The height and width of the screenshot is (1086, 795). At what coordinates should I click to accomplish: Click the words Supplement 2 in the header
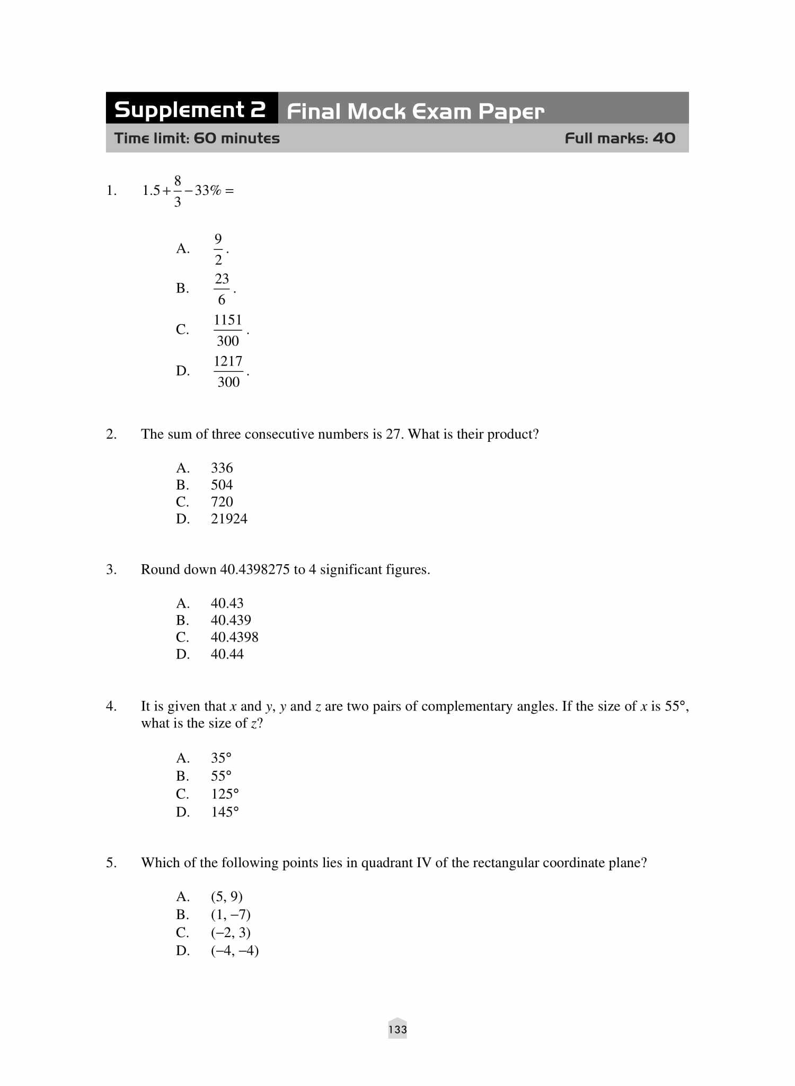tap(190, 110)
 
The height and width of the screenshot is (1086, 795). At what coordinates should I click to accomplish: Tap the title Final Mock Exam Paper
tap(415, 111)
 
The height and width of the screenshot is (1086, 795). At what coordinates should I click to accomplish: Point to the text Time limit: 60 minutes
tap(197, 138)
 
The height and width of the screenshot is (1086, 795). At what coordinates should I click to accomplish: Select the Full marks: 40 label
tap(620, 138)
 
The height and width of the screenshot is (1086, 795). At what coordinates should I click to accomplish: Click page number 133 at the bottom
tap(397, 1029)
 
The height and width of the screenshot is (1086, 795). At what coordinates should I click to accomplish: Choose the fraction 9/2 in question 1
tap(218, 249)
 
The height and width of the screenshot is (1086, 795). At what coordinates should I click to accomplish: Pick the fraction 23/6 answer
tap(222, 289)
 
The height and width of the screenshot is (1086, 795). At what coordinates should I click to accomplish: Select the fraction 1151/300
tap(228, 330)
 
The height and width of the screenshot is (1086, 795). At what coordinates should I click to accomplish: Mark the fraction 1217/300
tap(228, 371)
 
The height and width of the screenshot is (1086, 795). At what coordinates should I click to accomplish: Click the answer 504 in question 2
tap(222, 485)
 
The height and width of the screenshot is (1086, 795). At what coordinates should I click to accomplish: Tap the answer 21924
tap(229, 519)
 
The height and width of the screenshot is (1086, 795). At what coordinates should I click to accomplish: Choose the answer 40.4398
tap(234, 637)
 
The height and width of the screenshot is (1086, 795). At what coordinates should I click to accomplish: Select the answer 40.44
tap(227, 654)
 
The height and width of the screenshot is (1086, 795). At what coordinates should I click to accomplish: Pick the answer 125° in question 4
tap(225, 794)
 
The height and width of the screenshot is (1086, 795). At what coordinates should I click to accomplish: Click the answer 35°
tap(221, 758)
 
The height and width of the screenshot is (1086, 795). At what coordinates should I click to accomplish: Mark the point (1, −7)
tap(231, 914)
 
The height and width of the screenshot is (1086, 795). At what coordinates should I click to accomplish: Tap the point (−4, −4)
tap(235, 950)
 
